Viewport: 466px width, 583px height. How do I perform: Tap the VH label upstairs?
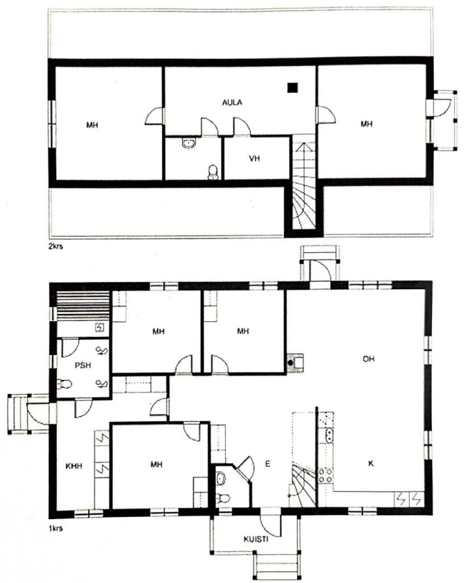click(x=254, y=159)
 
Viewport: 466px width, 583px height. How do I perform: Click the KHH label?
click(x=75, y=465)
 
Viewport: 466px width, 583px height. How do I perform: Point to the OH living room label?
click(x=368, y=359)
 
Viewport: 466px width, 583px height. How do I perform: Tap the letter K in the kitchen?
click(x=370, y=464)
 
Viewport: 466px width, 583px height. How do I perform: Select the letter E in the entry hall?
click(x=267, y=464)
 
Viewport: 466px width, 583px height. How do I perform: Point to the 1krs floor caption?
click(x=56, y=528)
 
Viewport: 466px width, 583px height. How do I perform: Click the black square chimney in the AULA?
click(x=292, y=87)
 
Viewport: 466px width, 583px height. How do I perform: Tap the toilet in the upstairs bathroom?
click(x=213, y=171)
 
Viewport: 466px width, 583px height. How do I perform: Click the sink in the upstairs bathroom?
click(x=189, y=143)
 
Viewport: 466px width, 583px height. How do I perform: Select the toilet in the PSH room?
click(x=64, y=385)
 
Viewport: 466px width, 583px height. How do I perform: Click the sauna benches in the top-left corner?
click(x=83, y=306)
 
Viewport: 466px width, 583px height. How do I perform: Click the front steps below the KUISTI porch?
click(x=276, y=566)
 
